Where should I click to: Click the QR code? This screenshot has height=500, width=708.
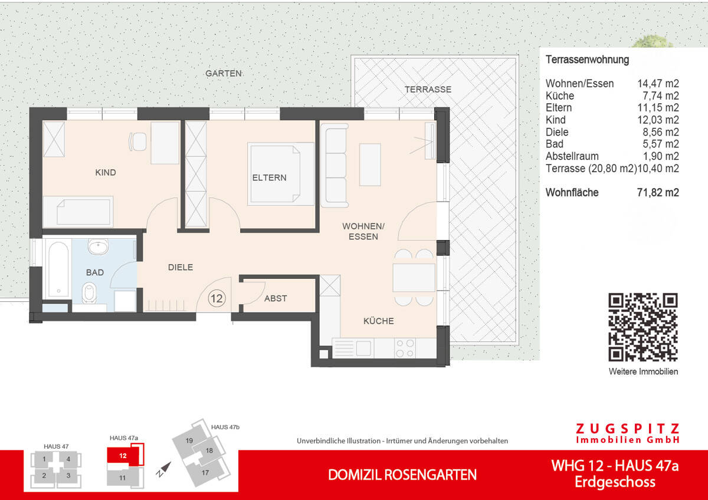(x=643, y=327)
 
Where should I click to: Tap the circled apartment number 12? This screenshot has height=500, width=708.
(x=217, y=298)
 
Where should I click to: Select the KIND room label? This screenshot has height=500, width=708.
(x=106, y=173)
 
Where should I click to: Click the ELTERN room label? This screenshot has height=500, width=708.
(x=269, y=177)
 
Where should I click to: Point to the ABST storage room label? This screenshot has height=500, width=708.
(x=276, y=298)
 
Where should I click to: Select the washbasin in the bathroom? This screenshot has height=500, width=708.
(x=96, y=246)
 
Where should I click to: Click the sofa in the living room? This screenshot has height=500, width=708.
(x=334, y=165)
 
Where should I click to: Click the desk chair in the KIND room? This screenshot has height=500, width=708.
(x=139, y=142)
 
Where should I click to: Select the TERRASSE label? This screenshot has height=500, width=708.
(x=428, y=90)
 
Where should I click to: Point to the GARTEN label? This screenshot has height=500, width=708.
(x=223, y=74)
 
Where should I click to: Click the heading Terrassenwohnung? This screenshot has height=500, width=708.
(x=587, y=60)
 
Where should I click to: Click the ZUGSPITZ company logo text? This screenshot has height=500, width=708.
(x=627, y=429)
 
